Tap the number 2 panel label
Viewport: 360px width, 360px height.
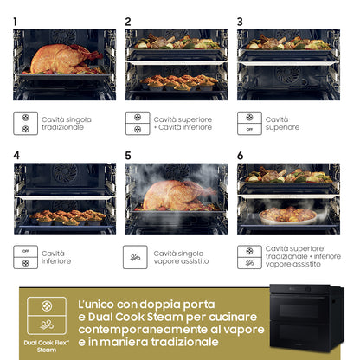pyautogui.click(x=128, y=21)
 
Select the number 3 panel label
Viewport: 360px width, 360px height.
pyautogui.click(x=240, y=21)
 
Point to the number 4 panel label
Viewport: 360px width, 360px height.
pyautogui.click(x=16, y=155)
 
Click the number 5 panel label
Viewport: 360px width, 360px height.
pyautogui.click(x=128, y=155)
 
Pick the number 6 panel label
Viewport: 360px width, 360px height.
pyautogui.click(x=240, y=155)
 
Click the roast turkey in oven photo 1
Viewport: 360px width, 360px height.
pyautogui.click(x=62, y=58)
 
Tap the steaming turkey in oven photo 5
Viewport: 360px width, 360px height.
pyautogui.click(x=175, y=194)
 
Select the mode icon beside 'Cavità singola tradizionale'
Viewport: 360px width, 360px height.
pyautogui.click(x=25, y=123)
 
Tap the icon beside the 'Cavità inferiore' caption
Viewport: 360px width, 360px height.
pyautogui.click(x=25, y=257)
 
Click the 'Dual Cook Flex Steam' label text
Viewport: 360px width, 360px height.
pyautogui.click(x=46, y=345)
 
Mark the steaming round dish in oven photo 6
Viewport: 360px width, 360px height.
pyautogui.click(x=287, y=214)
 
